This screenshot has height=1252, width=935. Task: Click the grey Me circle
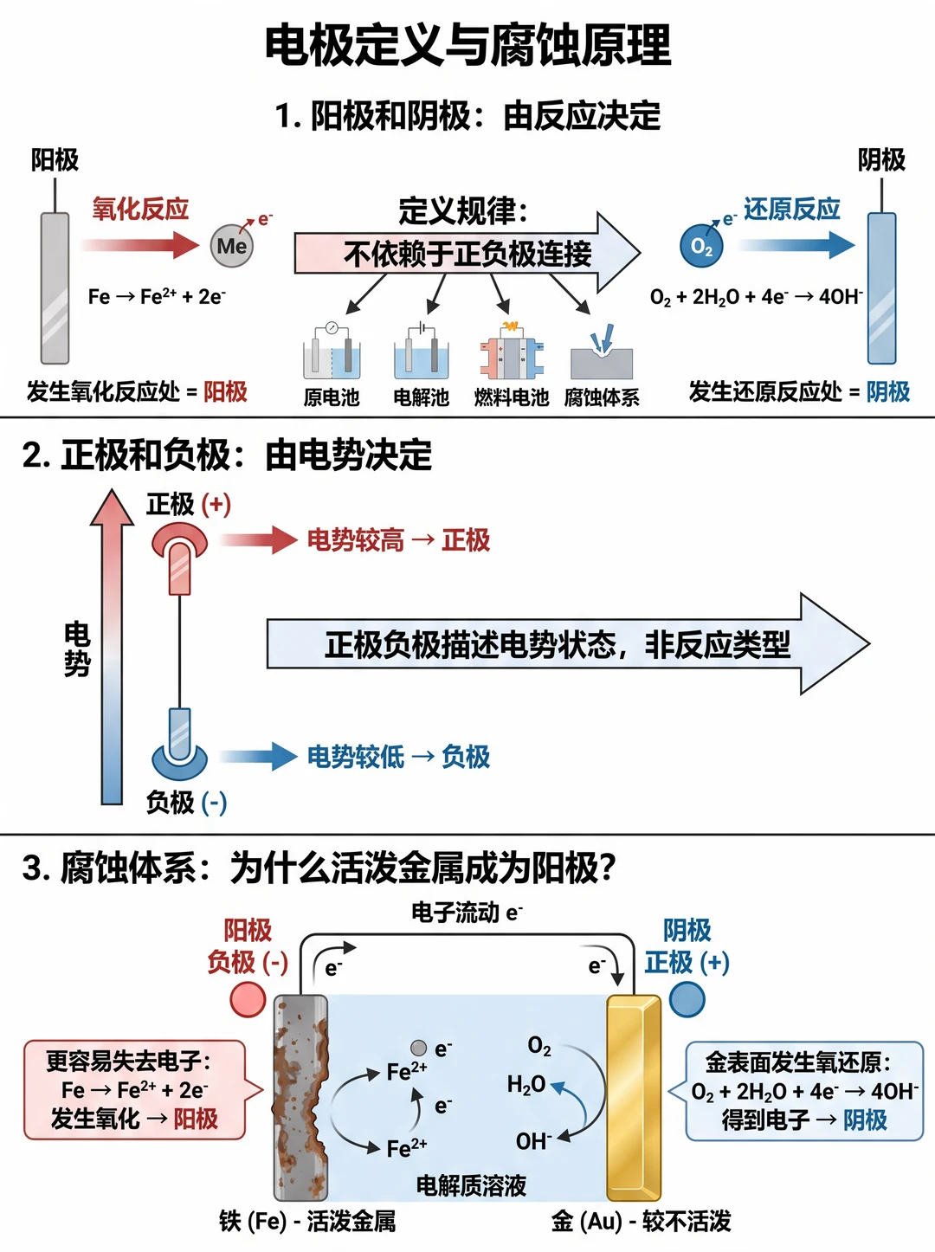[x=232, y=246]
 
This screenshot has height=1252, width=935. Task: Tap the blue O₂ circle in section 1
[x=701, y=246]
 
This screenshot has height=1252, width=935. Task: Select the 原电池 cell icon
[x=332, y=352]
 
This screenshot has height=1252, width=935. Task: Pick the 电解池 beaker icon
[x=422, y=352]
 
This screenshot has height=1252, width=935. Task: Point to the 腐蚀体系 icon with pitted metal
[x=602, y=352]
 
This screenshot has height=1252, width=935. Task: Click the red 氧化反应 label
[x=140, y=209]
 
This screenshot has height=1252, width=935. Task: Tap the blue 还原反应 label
[x=791, y=209]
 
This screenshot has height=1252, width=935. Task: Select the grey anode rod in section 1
[x=55, y=288]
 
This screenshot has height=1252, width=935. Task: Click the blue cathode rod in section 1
[x=881, y=288]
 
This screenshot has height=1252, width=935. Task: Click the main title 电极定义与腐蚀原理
[x=467, y=45]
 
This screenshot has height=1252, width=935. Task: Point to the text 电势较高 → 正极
[x=398, y=539]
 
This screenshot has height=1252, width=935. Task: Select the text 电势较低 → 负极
[x=398, y=757]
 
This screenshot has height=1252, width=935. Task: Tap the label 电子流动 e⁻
[x=467, y=912]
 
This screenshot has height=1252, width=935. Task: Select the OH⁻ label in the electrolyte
[x=533, y=1141]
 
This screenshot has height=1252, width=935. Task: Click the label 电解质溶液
[x=471, y=1185]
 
